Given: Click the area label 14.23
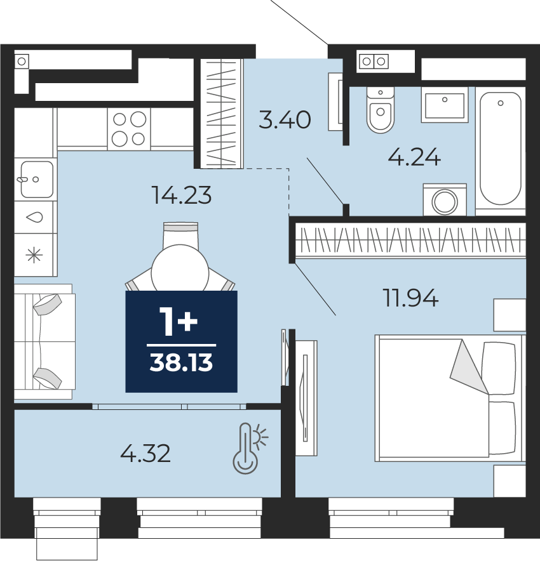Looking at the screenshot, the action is (x=182, y=195).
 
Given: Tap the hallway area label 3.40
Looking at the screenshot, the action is (x=285, y=119).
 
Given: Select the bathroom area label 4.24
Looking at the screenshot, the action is (x=414, y=157).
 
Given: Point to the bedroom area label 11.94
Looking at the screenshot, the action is (x=410, y=298).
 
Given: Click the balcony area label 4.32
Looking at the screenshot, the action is (x=145, y=453).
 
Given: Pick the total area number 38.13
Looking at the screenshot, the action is (x=181, y=362).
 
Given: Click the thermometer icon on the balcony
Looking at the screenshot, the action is (x=250, y=449).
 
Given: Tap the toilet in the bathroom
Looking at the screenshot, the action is (x=381, y=110).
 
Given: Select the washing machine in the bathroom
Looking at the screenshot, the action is (x=445, y=200).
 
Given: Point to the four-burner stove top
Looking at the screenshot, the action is (x=129, y=129).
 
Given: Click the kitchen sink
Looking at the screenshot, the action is (x=36, y=179).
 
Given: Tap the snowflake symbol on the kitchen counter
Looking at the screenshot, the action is (x=34, y=255).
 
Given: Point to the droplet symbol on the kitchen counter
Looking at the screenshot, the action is (x=35, y=217).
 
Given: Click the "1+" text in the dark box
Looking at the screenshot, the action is (x=179, y=323).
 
